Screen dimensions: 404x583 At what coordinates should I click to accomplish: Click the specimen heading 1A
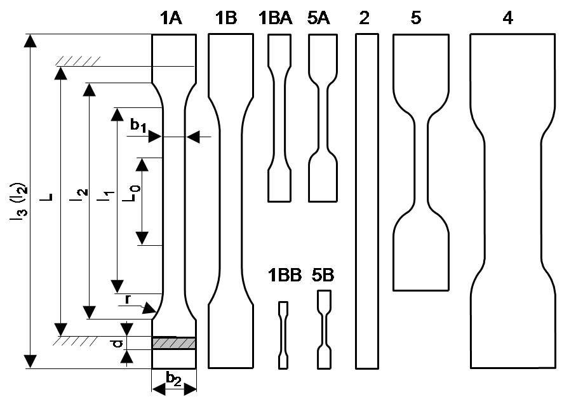pyautogui.click(x=171, y=18)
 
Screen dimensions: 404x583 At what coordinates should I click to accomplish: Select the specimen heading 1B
pyautogui.click(x=226, y=18)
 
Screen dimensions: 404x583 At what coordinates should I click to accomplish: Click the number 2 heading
pyautogui.click(x=364, y=18)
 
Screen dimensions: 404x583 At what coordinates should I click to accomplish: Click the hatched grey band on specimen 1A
pyautogui.click(x=174, y=343)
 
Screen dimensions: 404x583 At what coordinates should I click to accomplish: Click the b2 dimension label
pyautogui.click(x=173, y=377)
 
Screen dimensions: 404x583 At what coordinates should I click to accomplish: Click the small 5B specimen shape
pyautogui.click(x=325, y=328)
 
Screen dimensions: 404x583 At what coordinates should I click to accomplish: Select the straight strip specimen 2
pyautogui.click(x=367, y=201)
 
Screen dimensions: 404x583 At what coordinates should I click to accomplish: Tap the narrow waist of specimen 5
pyautogui.click(x=422, y=163)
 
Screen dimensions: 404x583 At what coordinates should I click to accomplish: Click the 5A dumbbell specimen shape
pyautogui.click(x=321, y=118)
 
